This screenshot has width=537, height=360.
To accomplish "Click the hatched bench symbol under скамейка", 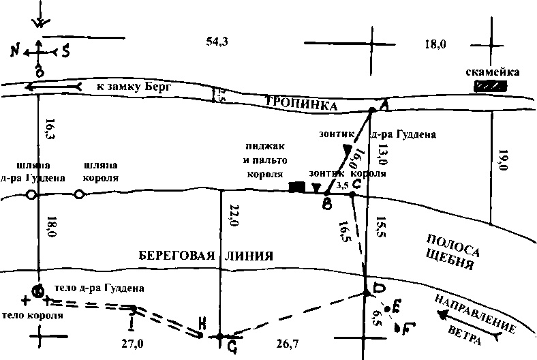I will [491, 87].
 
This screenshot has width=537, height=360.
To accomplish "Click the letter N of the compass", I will [15, 50].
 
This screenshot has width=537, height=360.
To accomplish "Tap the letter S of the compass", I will [65, 50].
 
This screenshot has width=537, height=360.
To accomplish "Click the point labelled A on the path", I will [371, 110].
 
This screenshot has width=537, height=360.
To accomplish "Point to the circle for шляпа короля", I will [79, 195].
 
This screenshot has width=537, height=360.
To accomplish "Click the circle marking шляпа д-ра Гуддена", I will [31, 196].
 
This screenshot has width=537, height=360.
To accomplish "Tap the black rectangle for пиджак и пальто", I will [296, 187].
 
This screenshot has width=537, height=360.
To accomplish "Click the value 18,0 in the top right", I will [435, 45].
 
